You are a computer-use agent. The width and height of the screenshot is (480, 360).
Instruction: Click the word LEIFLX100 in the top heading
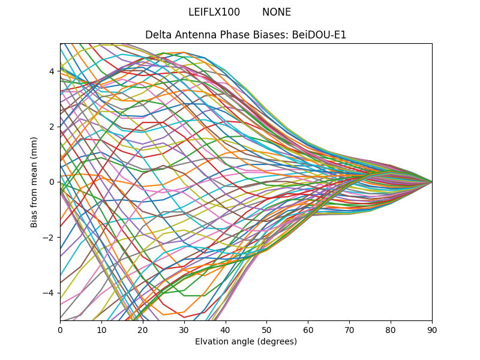[214, 12]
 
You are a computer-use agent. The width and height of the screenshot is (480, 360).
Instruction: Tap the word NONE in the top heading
[277, 12]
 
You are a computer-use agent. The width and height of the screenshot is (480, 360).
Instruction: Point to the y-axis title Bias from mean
[34, 182]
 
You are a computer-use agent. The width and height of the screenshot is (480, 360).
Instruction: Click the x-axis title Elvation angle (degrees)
[246, 341]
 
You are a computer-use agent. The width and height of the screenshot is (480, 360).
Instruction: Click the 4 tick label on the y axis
[52, 71]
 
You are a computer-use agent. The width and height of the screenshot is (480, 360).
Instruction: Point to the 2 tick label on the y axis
[52, 127]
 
